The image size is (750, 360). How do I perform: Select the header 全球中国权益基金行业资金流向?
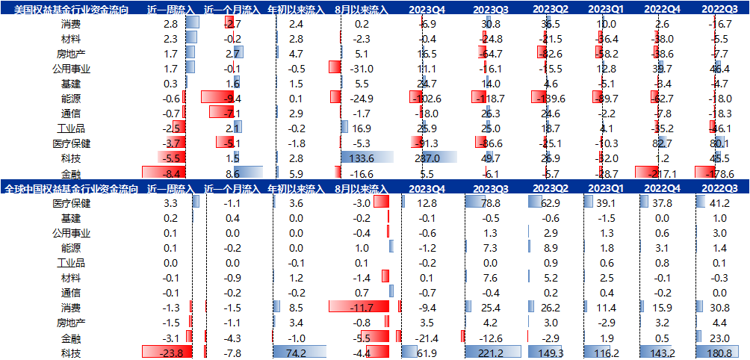71,188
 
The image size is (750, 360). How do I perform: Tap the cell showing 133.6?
367,158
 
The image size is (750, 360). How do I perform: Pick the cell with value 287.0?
428,158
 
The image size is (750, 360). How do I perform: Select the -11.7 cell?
362,307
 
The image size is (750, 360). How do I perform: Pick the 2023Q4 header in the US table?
428,9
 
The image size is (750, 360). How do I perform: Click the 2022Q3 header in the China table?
722,188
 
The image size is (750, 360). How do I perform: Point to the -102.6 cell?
428,98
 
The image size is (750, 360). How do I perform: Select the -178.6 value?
722,173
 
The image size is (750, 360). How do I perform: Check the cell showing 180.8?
722,352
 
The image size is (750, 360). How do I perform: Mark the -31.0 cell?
362,68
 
